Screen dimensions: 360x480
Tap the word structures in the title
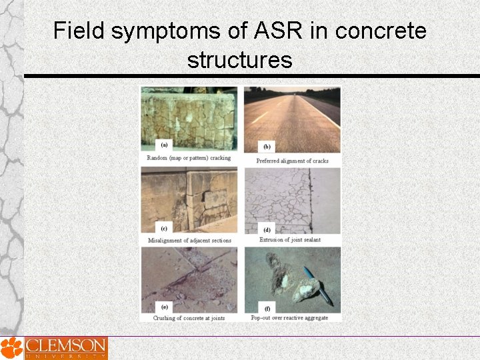pos(240,60)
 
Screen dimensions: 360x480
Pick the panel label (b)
pos(267,146)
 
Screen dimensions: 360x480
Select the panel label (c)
pos(163,226)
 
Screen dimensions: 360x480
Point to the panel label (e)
pos(164,307)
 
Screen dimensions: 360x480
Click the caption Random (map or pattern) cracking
pos(189,158)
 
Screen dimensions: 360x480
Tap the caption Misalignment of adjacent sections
pos(189,240)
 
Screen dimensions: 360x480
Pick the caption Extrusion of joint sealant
pos(290,240)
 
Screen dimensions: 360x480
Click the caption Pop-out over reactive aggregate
pos(290,318)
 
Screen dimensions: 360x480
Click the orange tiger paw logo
pos(11,348)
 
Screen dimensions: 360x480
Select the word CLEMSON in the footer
pos(65,345)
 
